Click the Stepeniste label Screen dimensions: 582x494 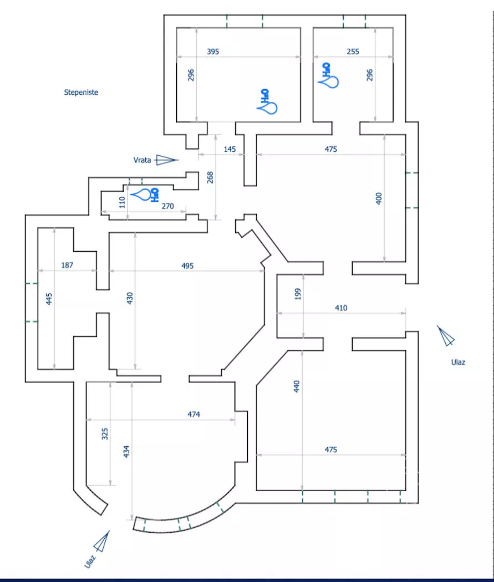(81, 93)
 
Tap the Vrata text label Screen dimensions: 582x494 (142, 160)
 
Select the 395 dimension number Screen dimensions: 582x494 (213, 52)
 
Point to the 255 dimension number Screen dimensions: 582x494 (353, 52)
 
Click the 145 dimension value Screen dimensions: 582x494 (230, 149)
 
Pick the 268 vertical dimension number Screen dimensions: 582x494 (210, 177)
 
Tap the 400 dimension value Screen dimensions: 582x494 (379, 198)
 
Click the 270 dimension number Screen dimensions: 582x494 (167, 206)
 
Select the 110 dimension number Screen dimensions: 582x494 (123, 202)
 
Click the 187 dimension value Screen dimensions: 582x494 (67, 266)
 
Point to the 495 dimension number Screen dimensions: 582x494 (187, 266)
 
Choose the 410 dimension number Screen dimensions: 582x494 (341, 308)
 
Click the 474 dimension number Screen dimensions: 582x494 (193, 414)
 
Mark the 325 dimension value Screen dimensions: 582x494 (105, 433)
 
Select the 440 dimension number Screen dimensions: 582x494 (296, 385)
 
